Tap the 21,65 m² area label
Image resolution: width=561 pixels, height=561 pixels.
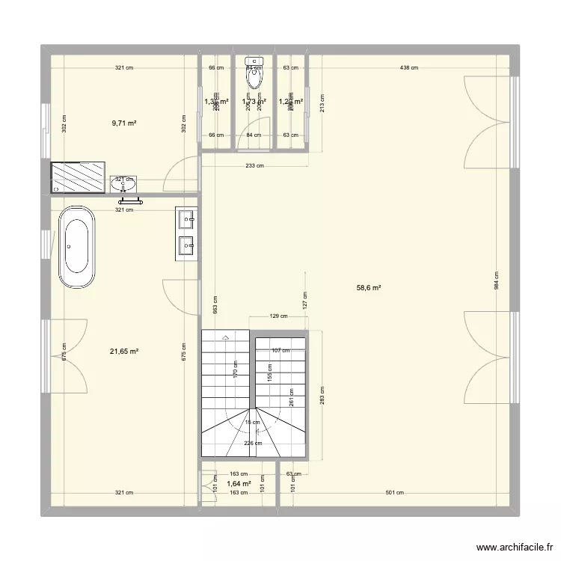pos(125,351)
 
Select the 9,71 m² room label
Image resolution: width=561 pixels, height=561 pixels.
pos(123,123)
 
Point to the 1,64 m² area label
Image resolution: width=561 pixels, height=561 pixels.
pos(239,484)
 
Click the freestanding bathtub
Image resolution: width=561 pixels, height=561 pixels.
pos(78,248)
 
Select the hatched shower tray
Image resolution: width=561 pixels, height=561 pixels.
pos(78,177)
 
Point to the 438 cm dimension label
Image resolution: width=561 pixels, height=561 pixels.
pos(408,68)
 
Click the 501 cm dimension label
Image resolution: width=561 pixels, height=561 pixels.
pos(394,492)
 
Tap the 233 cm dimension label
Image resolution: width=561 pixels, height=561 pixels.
pos(254,167)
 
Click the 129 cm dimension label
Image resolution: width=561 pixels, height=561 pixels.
pos(278,316)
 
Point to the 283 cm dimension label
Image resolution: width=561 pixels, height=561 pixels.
pos(322,395)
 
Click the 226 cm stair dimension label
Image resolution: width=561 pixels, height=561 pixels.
pos(254,443)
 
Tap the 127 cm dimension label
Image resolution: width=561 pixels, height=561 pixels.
pos(304,301)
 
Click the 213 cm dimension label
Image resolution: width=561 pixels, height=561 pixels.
pos(322,103)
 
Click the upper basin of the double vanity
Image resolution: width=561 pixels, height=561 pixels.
pos(186,218)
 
